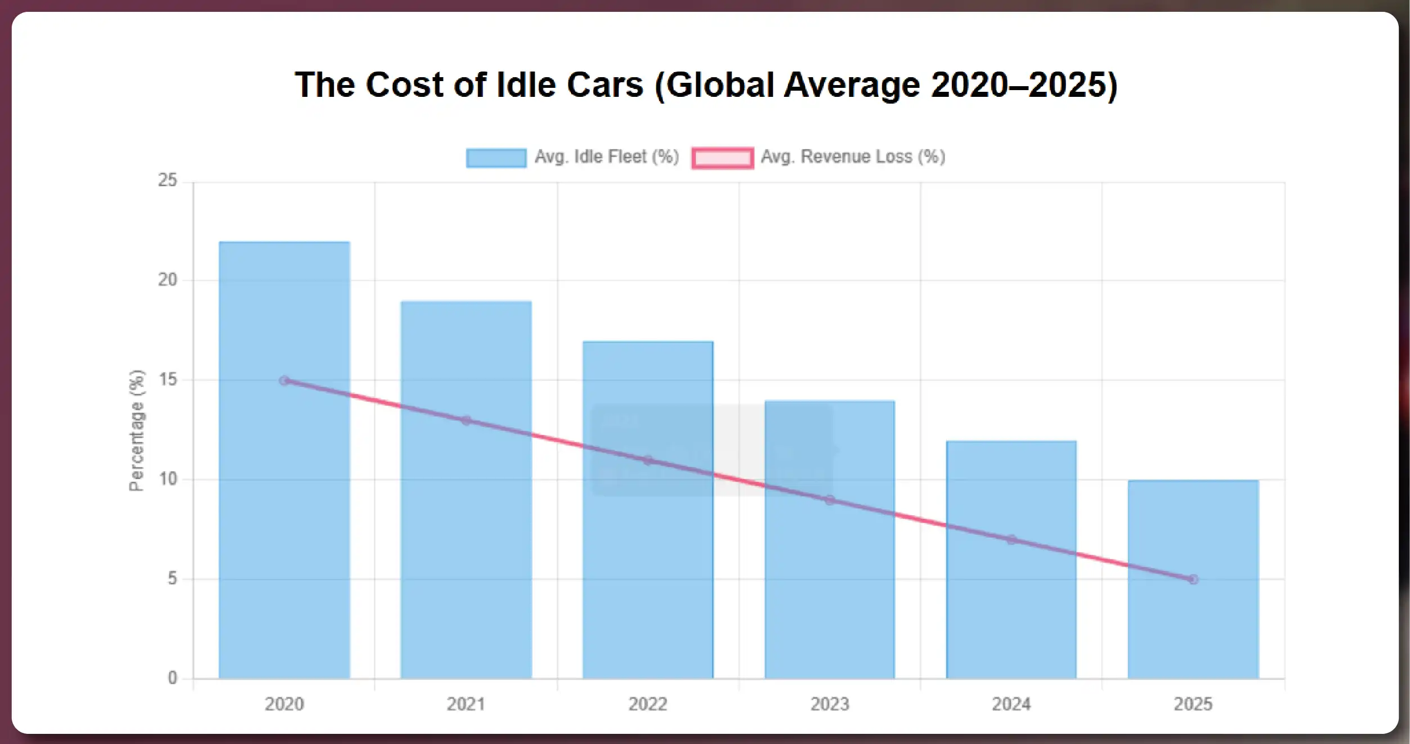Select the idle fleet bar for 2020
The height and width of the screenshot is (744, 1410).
[x=284, y=507]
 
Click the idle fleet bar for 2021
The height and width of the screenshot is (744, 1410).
[x=466, y=535]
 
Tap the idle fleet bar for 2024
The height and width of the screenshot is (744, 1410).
[x=1011, y=608]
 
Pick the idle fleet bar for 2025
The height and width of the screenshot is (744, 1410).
[x=1193, y=631]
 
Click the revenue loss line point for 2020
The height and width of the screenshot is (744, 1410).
[x=284, y=381]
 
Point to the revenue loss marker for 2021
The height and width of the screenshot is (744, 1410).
[x=466, y=421]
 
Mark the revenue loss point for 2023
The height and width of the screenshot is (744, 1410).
[x=830, y=500]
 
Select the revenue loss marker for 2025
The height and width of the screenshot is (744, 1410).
[x=1193, y=580]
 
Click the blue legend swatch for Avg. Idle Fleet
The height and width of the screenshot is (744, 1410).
[x=496, y=158]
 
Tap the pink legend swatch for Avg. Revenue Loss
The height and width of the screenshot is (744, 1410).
[x=723, y=158]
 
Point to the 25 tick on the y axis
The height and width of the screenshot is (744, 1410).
[x=167, y=181]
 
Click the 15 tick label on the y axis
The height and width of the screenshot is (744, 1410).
[x=167, y=380]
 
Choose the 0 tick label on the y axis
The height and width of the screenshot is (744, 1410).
[x=172, y=678]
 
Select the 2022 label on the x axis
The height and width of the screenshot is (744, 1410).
[x=648, y=704]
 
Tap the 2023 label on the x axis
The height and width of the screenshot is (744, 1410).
[x=830, y=704]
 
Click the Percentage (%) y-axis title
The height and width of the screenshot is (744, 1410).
[x=137, y=430]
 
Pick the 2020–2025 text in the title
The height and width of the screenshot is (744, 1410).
[x=1024, y=85]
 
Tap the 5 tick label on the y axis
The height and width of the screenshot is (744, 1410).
[x=172, y=579]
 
